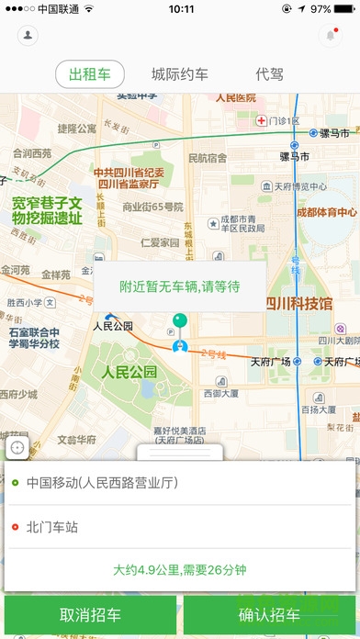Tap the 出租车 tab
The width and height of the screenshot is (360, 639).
pyautogui.click(x=90, y=74)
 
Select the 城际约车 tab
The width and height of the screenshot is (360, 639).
pyautogui.click(x=179, y=74)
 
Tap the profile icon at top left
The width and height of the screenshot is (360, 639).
pyautogui.click(x=29, y=35)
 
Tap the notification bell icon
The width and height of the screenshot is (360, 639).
pyautogui.click(x=331, y=35)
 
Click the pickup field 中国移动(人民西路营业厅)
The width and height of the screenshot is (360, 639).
pyautogui.click(x=101, y=481)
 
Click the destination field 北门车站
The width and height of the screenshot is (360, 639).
pyautogui.click(x=53, y=527)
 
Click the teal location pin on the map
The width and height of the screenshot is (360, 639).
pyautogui.click(x=181, y=321)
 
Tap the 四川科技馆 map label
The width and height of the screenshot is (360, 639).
pyautogui.click(x=298, y=304)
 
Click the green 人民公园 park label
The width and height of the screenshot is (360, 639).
pyautogui.click(x=129, y=372)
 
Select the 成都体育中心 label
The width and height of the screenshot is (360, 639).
pyautogui.click(x=326, y=212)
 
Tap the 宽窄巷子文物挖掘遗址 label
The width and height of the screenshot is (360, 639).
pyautogui.click(x=47, y=210)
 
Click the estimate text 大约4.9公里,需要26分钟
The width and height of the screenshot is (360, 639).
pyautogui.click(x=180, y=569)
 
